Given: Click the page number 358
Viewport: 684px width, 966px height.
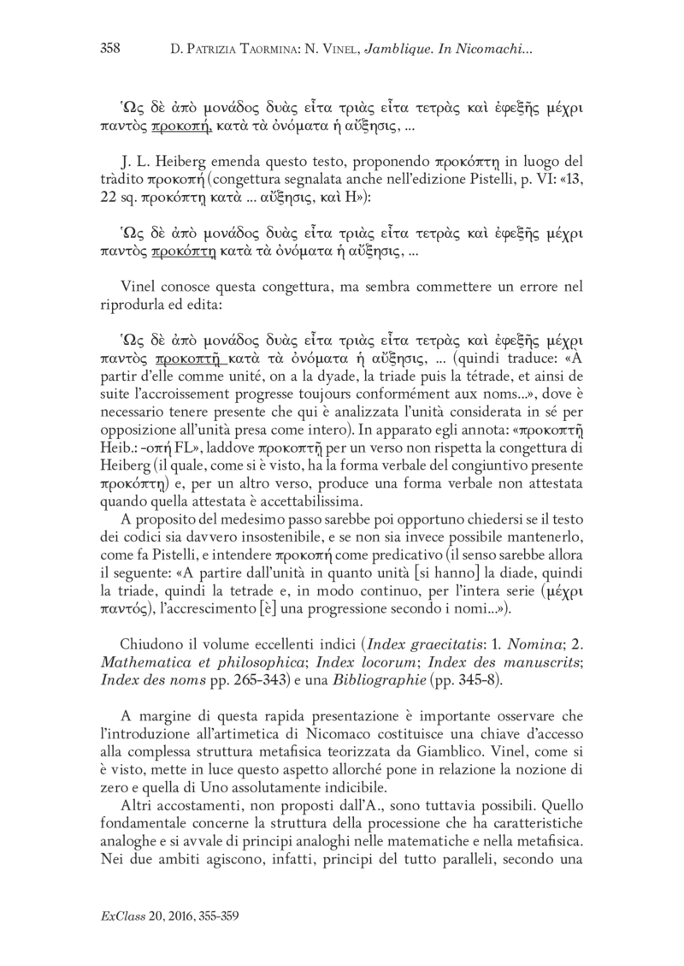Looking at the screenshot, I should pos(109,49).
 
